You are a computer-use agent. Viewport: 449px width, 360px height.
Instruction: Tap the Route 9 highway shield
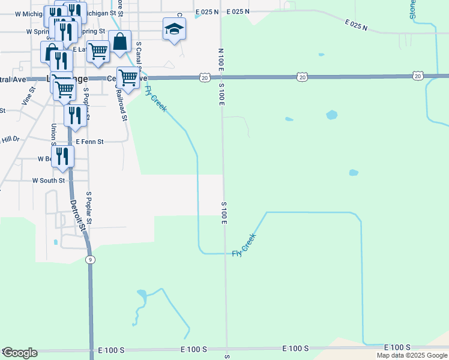pyautogui.click(x=90, y=259)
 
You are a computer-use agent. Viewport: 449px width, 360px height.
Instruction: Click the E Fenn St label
pyautogui.click(x=89, y=142)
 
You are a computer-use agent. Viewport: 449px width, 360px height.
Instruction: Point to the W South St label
pyautogui.click(x=48, y=180)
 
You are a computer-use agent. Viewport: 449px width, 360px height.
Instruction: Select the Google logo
pyautogui.click(x=20, y=352)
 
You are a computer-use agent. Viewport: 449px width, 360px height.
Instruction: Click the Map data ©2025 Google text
pyautogui.click(x=412, y=355)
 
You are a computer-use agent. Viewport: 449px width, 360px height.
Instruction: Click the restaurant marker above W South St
pyautogui.click(x=62, y=156)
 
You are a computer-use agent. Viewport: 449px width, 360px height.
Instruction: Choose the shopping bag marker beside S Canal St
pyautogui.click(x=120, y=41)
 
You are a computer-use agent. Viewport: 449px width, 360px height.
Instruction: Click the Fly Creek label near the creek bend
pyautogui.click(x=245, y=246)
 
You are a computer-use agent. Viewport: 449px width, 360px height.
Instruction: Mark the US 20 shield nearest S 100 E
pyautogui.click(x=205, y=77)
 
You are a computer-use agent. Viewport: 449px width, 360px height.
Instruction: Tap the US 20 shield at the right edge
pyautogui.click(x=418, y=76)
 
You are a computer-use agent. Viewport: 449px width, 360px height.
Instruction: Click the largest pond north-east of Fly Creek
pyautogui.click(x=331, y=115)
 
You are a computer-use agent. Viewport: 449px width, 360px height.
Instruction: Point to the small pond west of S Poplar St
pyautogui.click(x=55, y=242)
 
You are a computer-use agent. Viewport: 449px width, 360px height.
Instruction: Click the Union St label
pyautogui.click(x=53, y=134)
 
